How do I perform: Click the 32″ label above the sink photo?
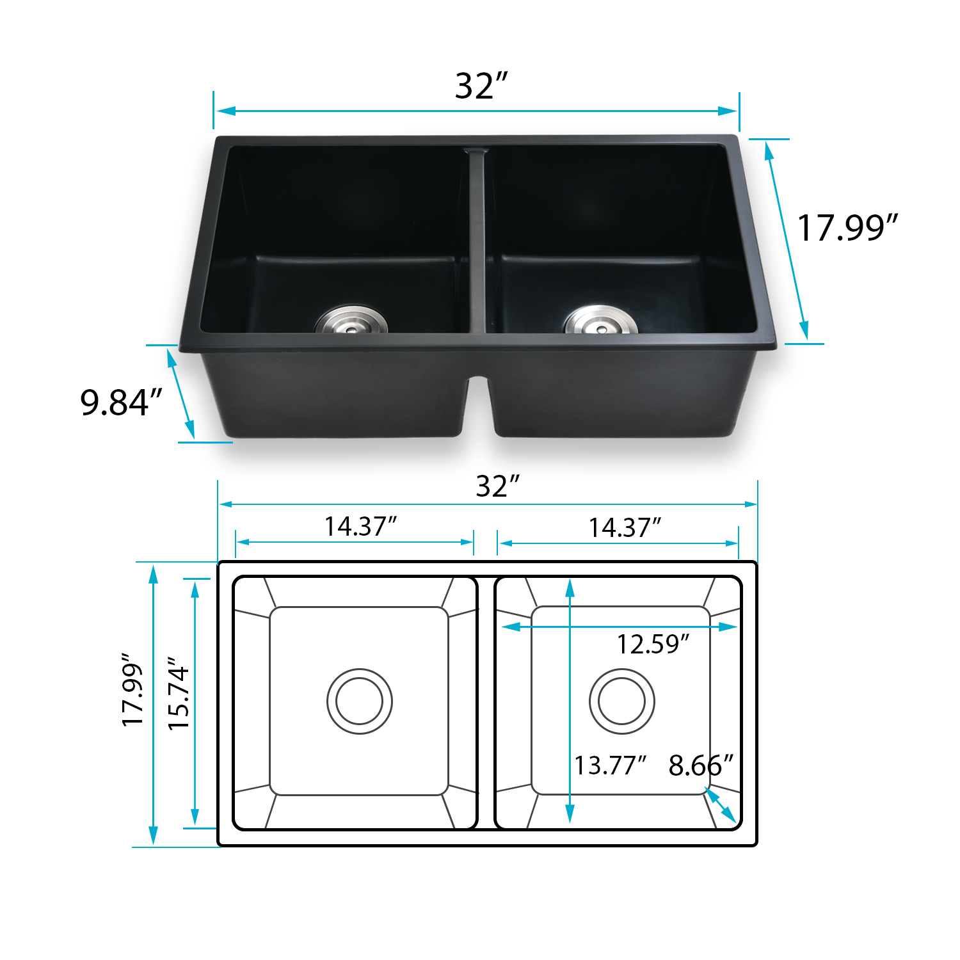tap(481, 86)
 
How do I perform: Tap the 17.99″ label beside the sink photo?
tap(847, 228)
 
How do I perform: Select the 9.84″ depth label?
tap(121, 403)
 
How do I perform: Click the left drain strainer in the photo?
tap(351, 320)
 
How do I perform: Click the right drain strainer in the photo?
tap(600, 320)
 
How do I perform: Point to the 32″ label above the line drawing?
tap(497, 486)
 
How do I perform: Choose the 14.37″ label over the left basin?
tap(360, 527)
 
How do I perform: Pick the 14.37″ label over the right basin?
tap(624, 528)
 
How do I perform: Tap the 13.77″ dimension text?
tap(609, 765)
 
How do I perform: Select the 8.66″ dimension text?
tap(700, 765)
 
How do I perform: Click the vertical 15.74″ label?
tap(179, 693)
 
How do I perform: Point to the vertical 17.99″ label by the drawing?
tap(132, 690)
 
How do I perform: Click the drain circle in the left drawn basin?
tap(360, 701)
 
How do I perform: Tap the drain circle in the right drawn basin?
tap(621, 701)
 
